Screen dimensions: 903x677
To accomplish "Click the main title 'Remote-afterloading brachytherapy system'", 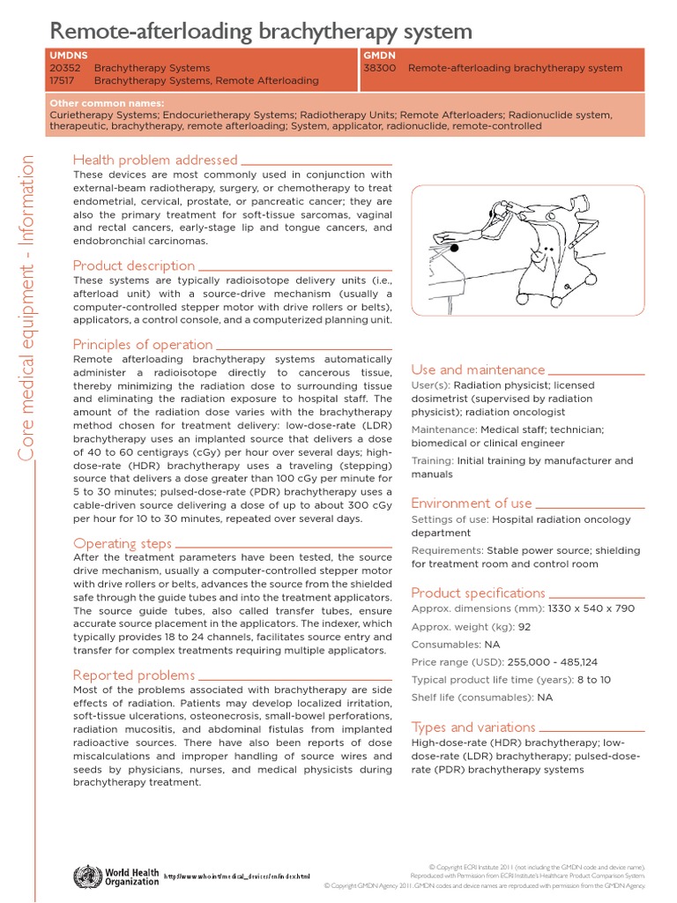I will pyautogui.click(x=261, y=32).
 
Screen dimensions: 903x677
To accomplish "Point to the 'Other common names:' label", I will pyautogui.click(x=107, y=103).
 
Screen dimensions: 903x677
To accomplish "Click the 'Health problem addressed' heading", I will pyautogui.click(x=155, y=160).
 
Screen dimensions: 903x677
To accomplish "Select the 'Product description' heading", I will pyautogui.click(x=134, y=265).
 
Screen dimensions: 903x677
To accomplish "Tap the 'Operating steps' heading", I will pyautogui.click(x=123, y=543).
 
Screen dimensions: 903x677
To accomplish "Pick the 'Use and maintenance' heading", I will pyautogui.click(x=478, y=369).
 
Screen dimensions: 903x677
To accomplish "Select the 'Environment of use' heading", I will pyautogui.click(x=472, y=503).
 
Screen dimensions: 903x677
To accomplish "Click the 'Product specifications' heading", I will pyautogui.click(x=478, y=593).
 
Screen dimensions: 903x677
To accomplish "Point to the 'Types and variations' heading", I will pyautogui.click(x=473, y=728).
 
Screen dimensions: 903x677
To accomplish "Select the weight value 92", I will pyautogui.click(x=524, y=627).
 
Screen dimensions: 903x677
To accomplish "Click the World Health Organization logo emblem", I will pyautogui.click(x=87, y=877).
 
